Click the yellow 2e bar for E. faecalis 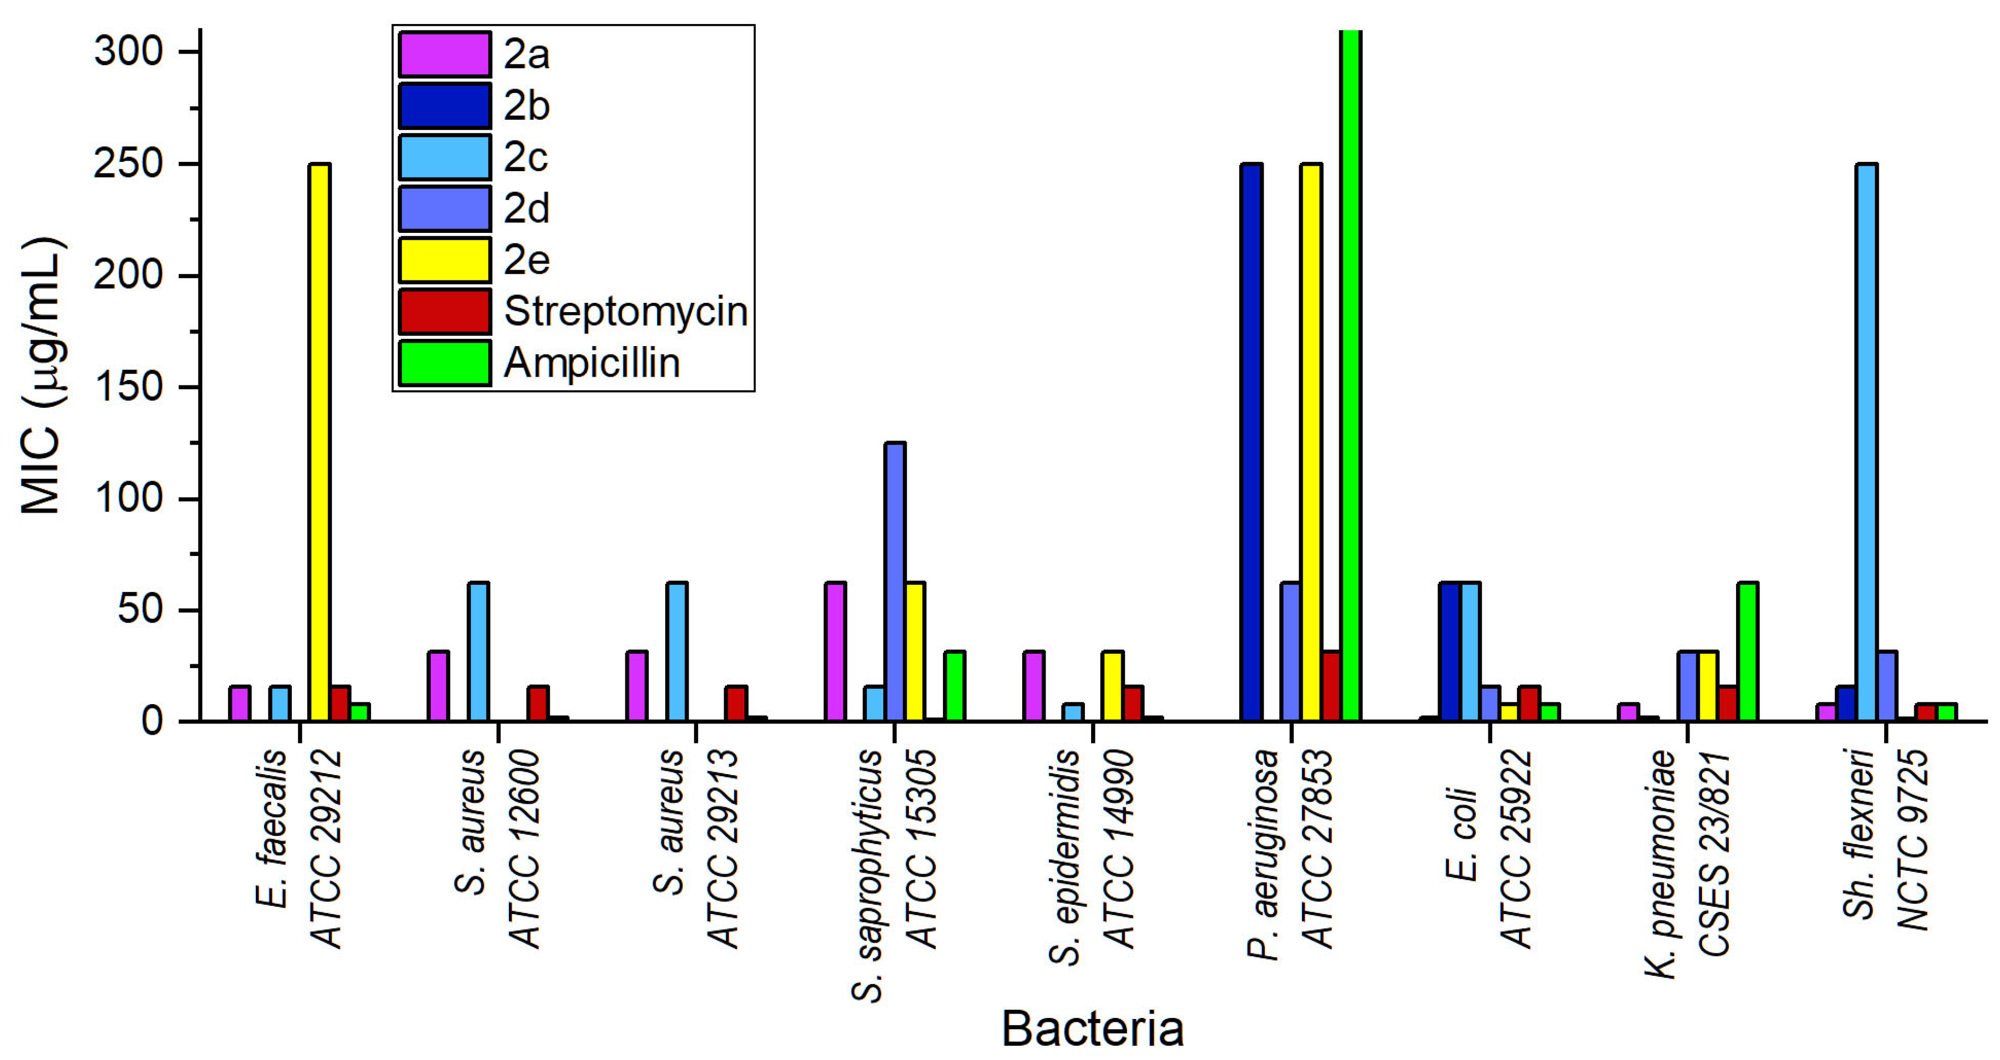[319, 443]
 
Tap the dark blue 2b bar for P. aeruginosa [1251, 443]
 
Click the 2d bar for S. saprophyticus [894, 582]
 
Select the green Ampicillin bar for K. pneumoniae [1747, 652]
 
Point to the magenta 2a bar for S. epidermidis [1034, 687]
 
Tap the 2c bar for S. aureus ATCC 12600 [478, 652]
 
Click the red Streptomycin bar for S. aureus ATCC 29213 [736, 704]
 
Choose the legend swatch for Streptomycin [444, 312]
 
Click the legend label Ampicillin [591, 362]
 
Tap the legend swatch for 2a [444, 54]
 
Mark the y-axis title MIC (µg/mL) [42, 376]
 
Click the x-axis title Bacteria [1093, 1029]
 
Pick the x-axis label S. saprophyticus [867, 874]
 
